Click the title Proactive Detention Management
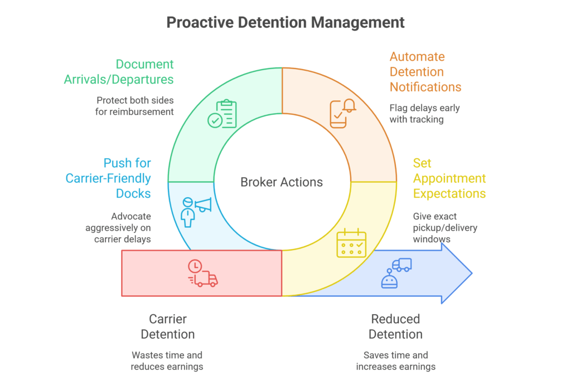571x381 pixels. click(x=285, y=22)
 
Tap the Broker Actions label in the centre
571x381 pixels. click(x=282, y=182)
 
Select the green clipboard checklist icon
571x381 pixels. click(x=222, y=114)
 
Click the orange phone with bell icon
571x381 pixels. click(x=342, y=114)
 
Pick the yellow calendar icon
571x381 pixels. click(x=351, y=244)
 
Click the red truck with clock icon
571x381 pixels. click(x=202, y=273)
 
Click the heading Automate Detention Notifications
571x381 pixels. click(x=425, y=72)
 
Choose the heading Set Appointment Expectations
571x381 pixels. click(x=449, y=178)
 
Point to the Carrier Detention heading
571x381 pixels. click(x=167, y=326)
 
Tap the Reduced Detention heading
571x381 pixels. click(x=395, y=326)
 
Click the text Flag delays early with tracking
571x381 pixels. click(x=424, y=113)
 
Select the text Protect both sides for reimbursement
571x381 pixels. click(x=135, y=106)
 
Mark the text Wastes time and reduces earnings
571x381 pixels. click(x=167, y=360)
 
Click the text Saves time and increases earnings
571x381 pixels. click(x=395, y=360)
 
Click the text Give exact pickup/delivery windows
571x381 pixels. click(x=437, y=227)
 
